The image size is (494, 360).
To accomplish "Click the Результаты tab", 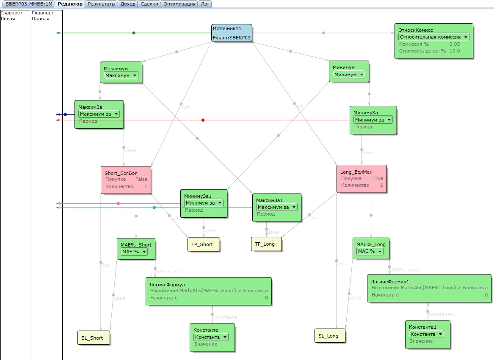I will click(101, 4).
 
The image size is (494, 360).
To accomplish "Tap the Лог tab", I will click(205, 4).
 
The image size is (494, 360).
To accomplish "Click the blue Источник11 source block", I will click(232, 33).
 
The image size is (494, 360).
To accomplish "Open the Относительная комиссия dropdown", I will click(434, 37).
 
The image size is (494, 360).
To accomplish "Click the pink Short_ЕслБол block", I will click(126, 180).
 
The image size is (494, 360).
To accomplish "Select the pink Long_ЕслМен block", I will click(362, 179).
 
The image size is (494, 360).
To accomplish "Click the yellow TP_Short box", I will click(204, 244).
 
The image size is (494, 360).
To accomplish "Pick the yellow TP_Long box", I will click(266, 244).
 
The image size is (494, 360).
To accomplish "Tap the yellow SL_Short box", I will click(94, 338).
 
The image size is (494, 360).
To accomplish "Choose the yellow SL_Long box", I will click(330, 336).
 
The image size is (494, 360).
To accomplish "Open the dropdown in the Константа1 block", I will click(426, 334).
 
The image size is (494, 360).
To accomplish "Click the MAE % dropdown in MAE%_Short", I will click(134, 252).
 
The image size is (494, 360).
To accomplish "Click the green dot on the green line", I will click(134, 33).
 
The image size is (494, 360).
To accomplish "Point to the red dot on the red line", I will click(203, 120).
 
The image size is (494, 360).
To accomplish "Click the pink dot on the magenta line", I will click(118, 204).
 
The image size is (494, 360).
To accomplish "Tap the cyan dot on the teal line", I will click(154, 208).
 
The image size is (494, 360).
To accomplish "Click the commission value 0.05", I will click(454, 44).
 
